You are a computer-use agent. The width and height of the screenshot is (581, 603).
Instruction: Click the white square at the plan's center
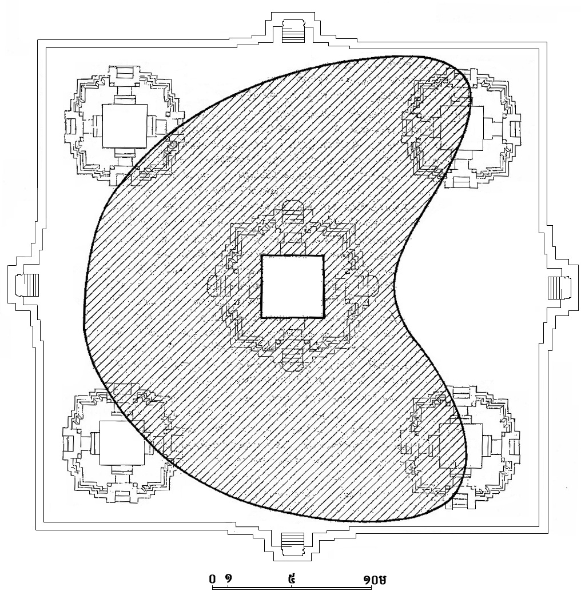point(292,286)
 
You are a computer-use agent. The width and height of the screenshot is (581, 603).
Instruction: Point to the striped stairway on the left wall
point(27,285)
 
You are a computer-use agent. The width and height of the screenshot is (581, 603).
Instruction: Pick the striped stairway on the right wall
point(558,287)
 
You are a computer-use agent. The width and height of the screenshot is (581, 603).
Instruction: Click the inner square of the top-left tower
point(125,126)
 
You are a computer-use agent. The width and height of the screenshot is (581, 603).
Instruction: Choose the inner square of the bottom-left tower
point(122,443)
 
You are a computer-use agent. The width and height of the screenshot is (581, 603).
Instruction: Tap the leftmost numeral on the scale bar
point(212,578)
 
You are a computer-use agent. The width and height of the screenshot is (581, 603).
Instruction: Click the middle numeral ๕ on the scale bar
point(293,578)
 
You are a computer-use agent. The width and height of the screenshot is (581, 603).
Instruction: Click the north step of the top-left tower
point(124,73)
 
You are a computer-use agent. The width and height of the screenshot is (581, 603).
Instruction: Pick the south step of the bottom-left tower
point(122,496)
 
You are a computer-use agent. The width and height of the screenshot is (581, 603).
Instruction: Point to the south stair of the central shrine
point(292,356)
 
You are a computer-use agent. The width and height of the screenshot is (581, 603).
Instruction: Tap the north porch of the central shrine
point(293,211)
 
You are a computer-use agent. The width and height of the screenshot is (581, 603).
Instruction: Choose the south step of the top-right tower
point(461,182)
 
